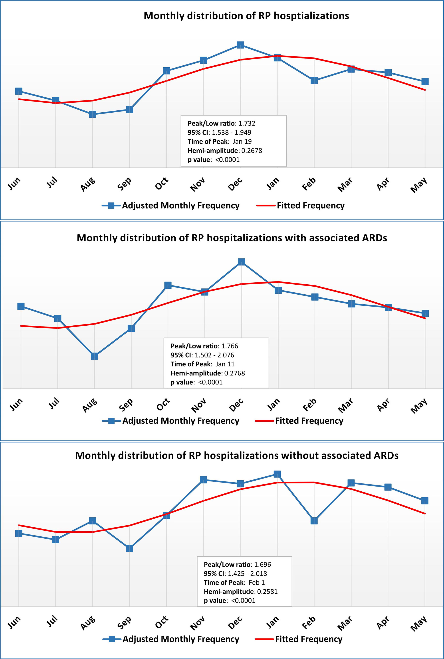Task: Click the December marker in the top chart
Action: (x=240, y=45)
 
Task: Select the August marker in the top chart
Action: (x=93, y=114)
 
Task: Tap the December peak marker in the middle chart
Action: (x=241, y=262)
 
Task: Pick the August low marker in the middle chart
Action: (x=94, y=356)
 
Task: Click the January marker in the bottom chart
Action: (x=277, y=474)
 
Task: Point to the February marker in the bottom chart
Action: (x=314, y=520)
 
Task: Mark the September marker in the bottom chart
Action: (x=129, y=548)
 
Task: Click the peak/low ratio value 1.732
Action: (x=247, y=123)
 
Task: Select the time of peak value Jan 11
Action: (x=225, y=364)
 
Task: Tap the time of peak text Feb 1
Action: (x=257, y=582)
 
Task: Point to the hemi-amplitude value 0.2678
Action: (x=252, y=151)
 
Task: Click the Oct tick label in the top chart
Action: (x=162, y=184)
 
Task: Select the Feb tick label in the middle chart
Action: (x=309, y=405)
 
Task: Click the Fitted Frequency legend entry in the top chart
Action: (x=310, y=205)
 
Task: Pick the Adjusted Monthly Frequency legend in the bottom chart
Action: (x=181, y=639)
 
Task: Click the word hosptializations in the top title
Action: (x=311, y=16)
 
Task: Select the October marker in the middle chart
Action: (x=168, y=285)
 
